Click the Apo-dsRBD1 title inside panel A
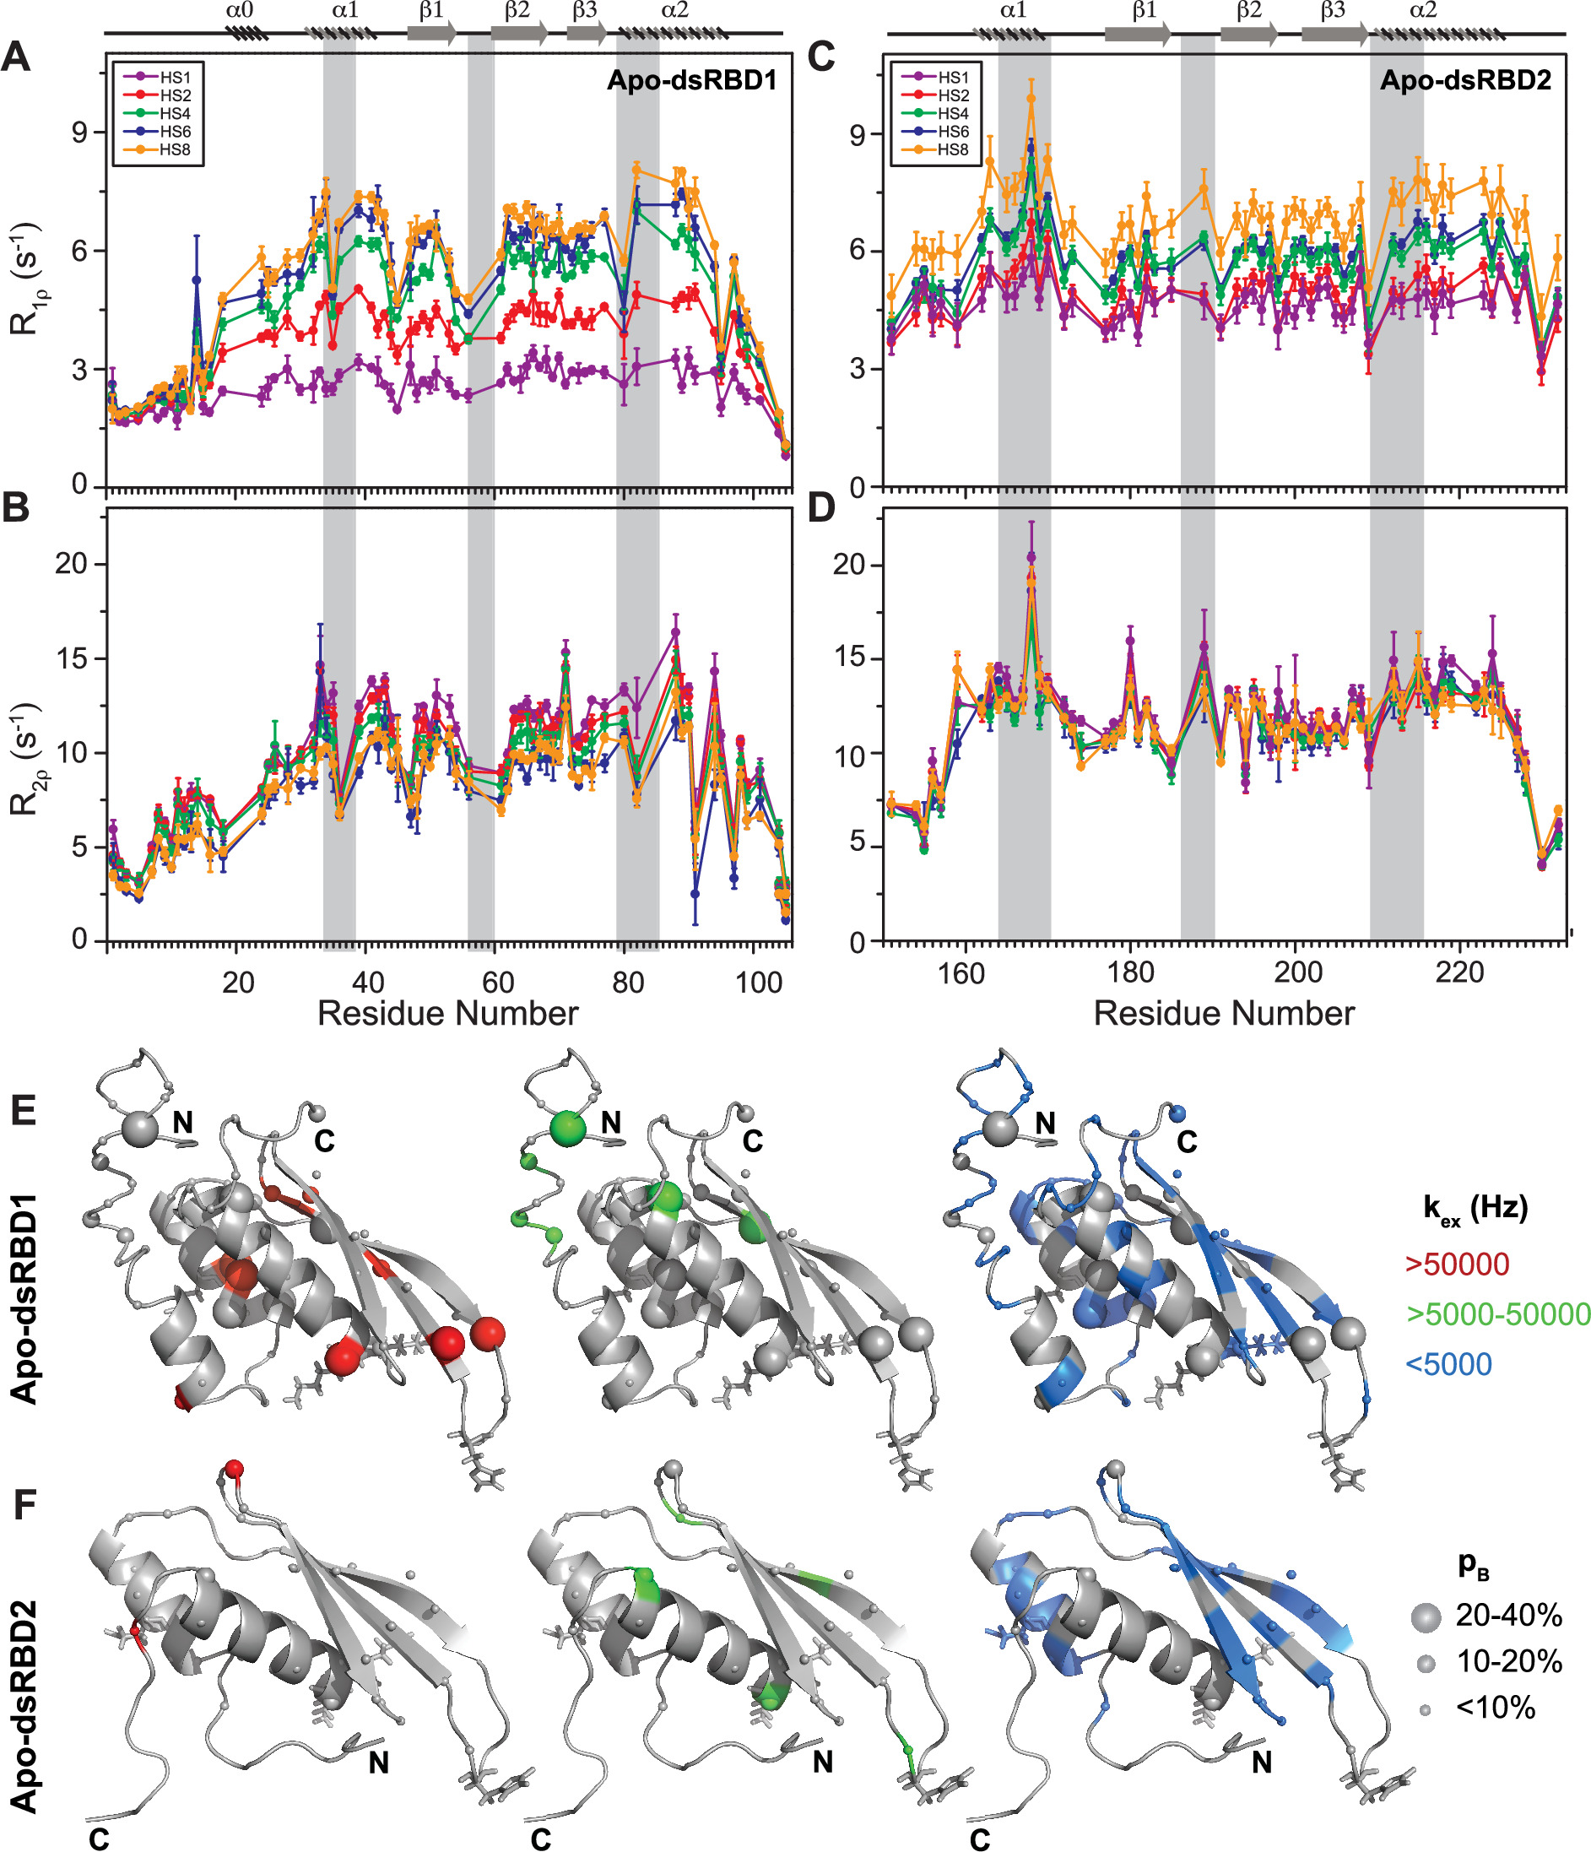(x=692, y=80)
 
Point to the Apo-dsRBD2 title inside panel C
(x=1465, y=80)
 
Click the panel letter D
(x=820, y=507)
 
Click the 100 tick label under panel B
(x=758, y=983)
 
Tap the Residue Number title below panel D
(x=1224, y=1014)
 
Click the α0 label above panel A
(x=240, y=12)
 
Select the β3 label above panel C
(x=1332, y=12)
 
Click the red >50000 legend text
(x=1457, y=1264)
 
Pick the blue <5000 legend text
(x=1449, y=1364)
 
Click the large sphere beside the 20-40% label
(x=1426, y=1616)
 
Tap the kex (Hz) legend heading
(x=1475, y=1209)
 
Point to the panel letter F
(x=24, y=1505)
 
